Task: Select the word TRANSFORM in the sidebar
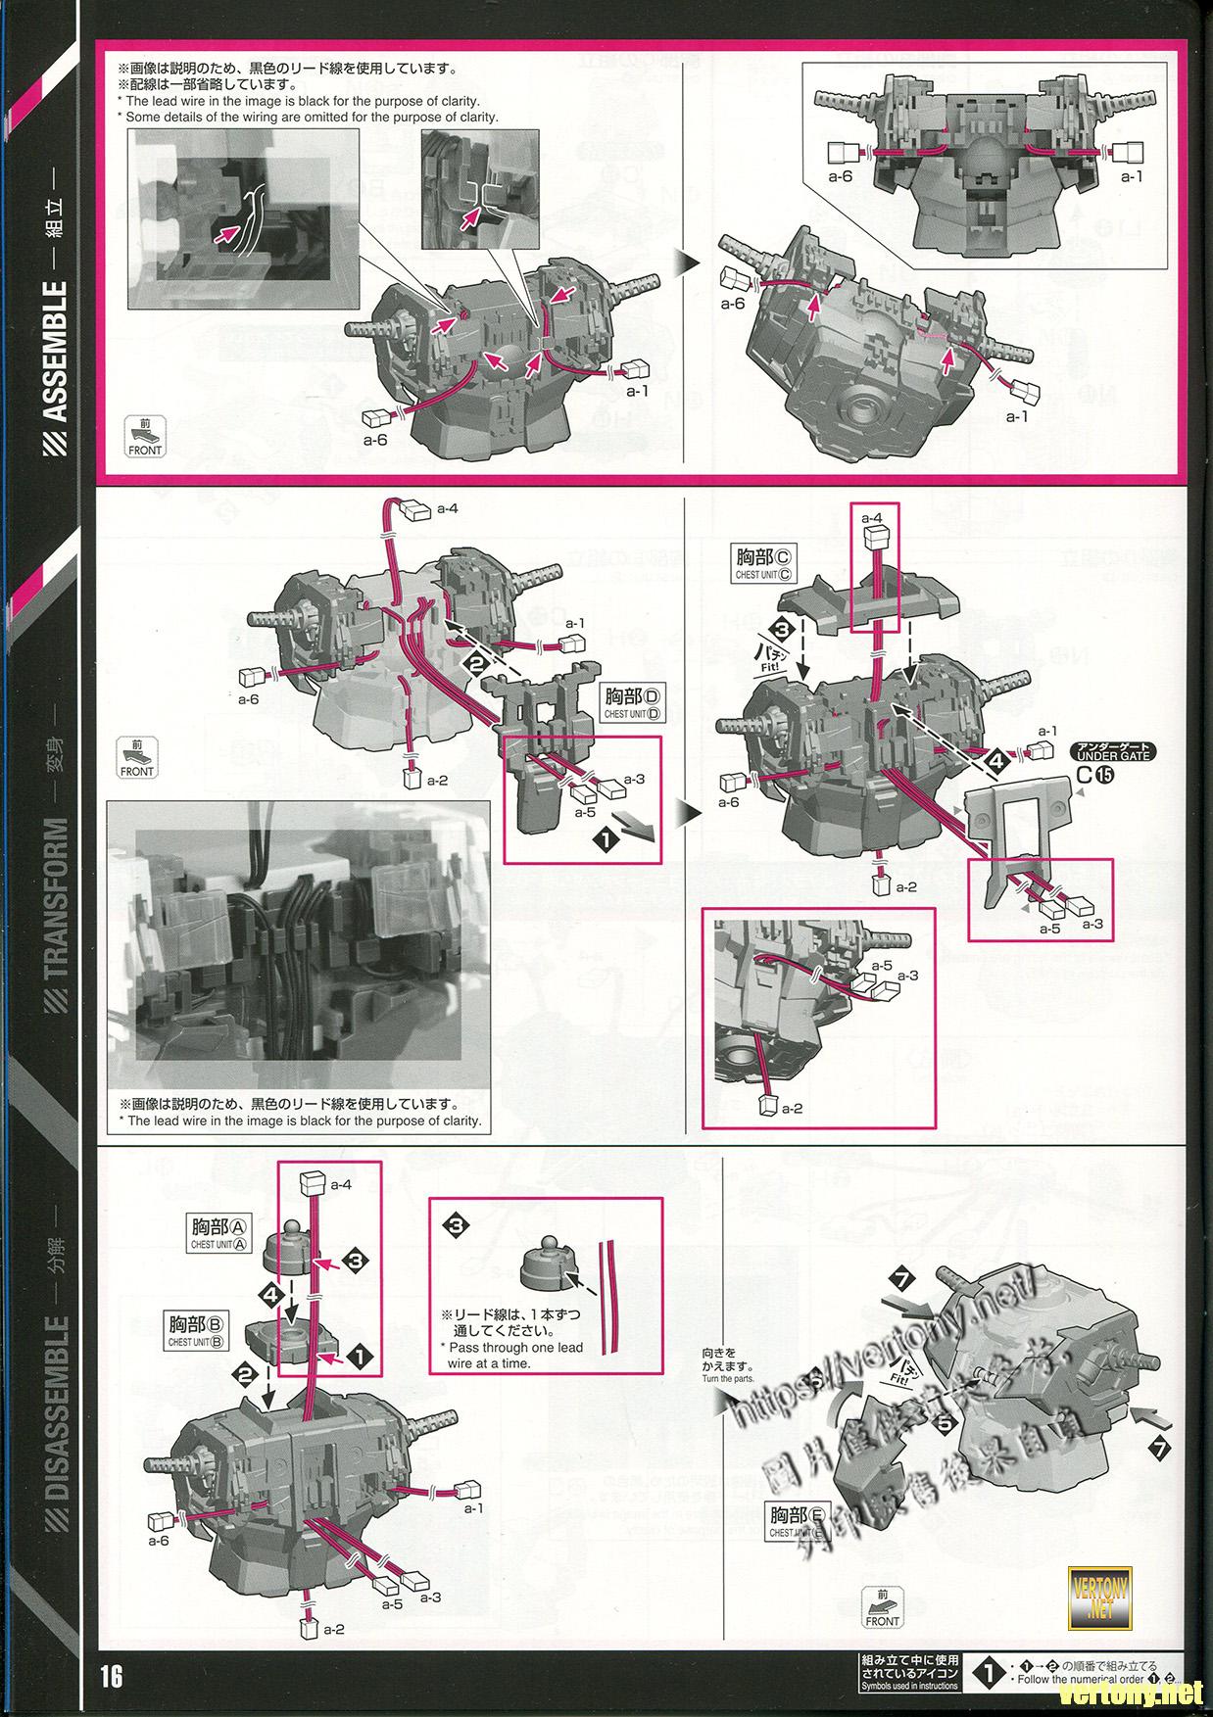57,900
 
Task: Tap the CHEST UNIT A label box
219,1233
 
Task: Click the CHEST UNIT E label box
798,1521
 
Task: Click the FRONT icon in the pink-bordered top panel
144,437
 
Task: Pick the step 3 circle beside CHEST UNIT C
780,628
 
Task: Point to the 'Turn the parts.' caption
728,1378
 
